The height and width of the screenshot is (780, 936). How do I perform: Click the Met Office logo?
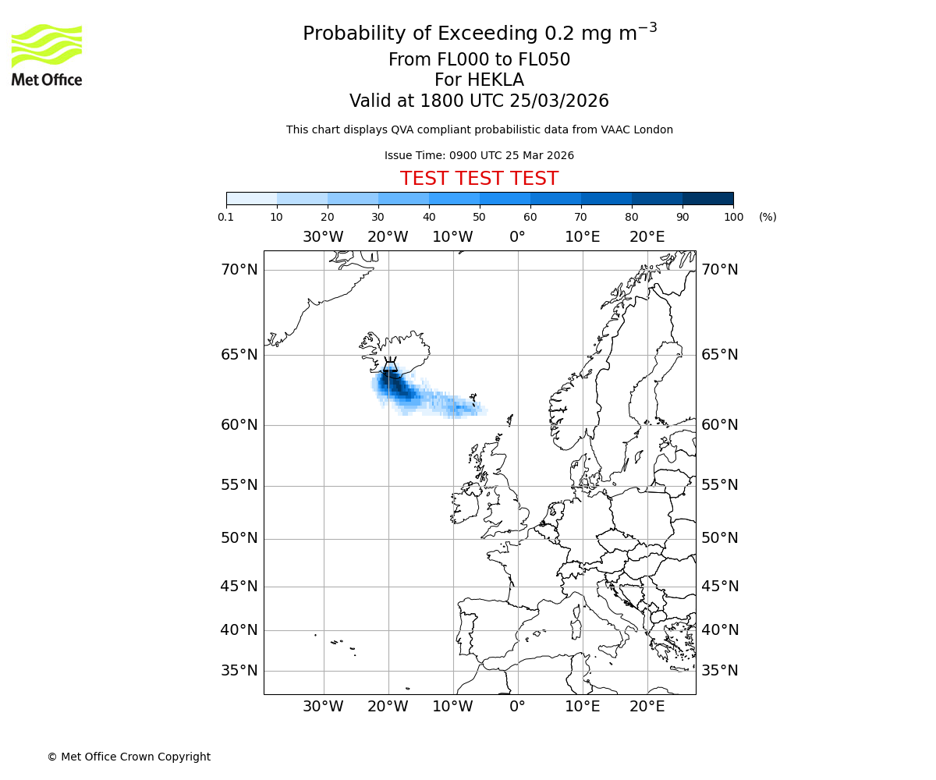[47, 55]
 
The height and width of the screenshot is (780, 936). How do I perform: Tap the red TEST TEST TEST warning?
[479, 179]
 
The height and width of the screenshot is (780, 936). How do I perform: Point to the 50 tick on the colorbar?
[480, 217]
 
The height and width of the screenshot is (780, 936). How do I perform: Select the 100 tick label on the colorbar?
[733, 217]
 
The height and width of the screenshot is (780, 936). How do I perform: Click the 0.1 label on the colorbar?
[226, 217]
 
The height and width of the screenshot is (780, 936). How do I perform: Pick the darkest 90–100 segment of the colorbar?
[707, 198]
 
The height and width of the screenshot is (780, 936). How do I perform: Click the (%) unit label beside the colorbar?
[768, 217]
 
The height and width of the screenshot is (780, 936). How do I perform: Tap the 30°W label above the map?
[323, 237]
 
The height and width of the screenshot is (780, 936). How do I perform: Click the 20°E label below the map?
[647, 707]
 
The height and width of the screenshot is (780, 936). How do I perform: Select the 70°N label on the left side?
[239, 270]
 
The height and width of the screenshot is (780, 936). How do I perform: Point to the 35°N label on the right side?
[719, 671]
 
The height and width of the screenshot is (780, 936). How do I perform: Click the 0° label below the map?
[517, 707]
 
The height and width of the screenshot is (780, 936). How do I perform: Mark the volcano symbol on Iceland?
[390, 365]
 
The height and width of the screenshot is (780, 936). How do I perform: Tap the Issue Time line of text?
[479, 155]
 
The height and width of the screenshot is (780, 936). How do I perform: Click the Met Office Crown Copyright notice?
[129, 757]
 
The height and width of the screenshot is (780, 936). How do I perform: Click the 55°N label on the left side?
[239, 485]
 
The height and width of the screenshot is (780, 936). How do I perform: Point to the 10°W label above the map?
[452, 237]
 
